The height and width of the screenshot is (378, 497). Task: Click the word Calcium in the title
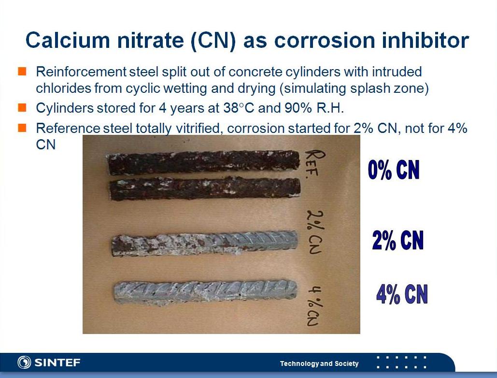[x=68, y=40]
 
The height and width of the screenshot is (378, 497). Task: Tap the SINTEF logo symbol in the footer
[x=24, y=362]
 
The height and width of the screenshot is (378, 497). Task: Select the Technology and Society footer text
[x=319, y=363]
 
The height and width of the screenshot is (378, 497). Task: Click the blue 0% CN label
[x=394, y=170]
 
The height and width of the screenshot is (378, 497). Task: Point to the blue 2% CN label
[x=398, y=240]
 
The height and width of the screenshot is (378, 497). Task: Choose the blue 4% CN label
[x=402, y=294]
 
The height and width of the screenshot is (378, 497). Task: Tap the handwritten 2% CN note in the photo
[x=315, y=232]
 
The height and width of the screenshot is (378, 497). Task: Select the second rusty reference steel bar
[x=205, y=189]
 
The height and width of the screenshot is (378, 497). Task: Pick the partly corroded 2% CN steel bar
[x=205, y=243]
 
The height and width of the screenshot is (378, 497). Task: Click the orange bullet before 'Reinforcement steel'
[x=22, y=72]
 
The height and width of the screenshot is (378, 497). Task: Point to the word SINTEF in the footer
[x=57, y=363]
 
